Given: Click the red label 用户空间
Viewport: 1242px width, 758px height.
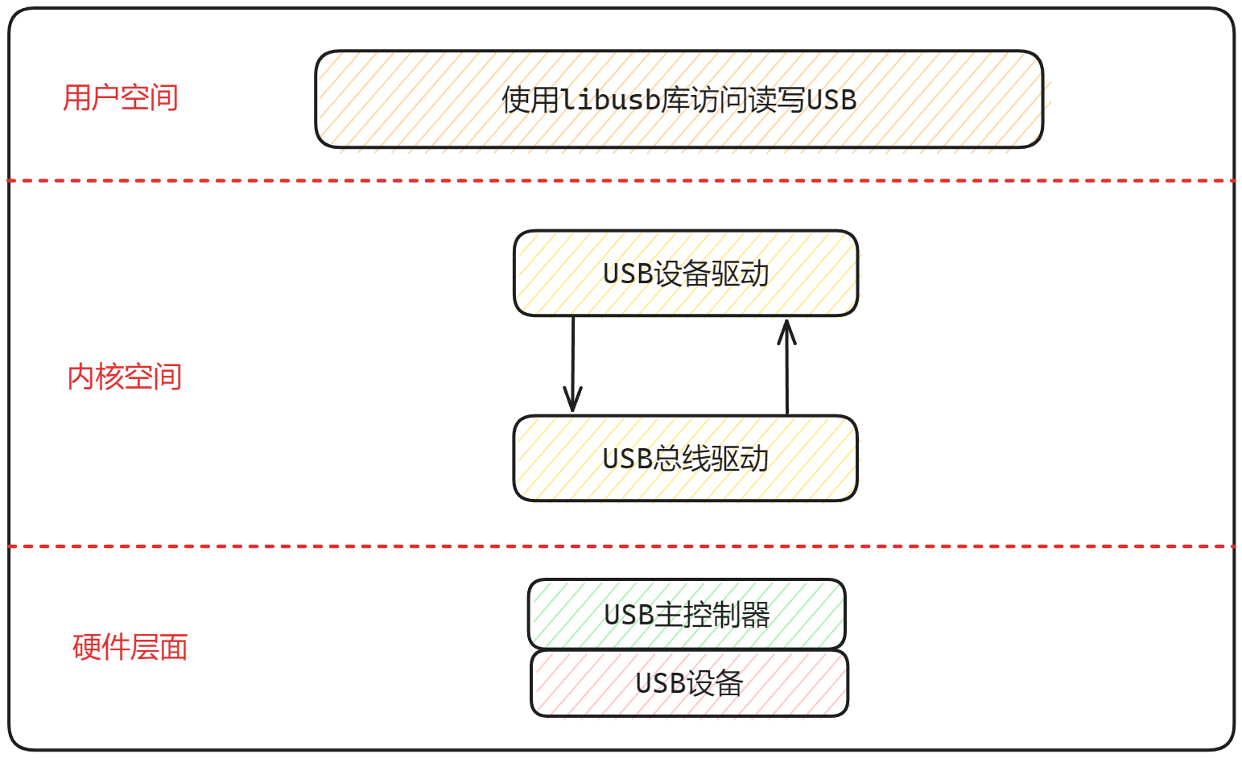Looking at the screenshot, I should point(121,98).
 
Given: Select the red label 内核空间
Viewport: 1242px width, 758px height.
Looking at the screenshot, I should point(125,377).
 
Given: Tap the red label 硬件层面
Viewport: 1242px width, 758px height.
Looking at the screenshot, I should point(130,647).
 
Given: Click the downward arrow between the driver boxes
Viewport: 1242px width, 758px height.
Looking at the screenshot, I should point(573,362).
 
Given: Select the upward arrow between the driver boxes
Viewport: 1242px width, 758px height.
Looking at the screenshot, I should point(787,370).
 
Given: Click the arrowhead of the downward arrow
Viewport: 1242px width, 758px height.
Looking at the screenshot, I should point(572,402).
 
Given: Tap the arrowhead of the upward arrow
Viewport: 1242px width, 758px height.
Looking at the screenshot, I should point(787,328).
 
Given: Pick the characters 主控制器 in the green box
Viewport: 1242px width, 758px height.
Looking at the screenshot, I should point(712,615).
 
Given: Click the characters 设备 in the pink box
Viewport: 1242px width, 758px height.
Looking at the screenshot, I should point(716,683).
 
